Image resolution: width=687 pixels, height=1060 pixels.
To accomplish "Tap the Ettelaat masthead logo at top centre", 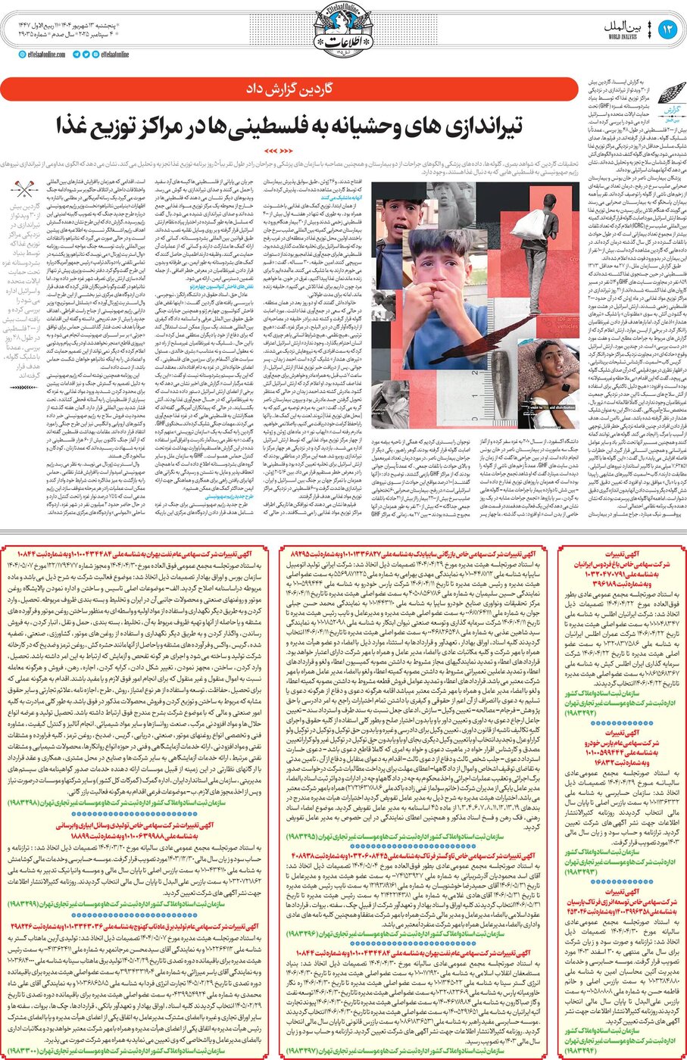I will pyautogui.click(x=343, y=31).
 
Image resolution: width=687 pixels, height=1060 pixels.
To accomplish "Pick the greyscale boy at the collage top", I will pyautogui.click(x=394, y=220).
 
